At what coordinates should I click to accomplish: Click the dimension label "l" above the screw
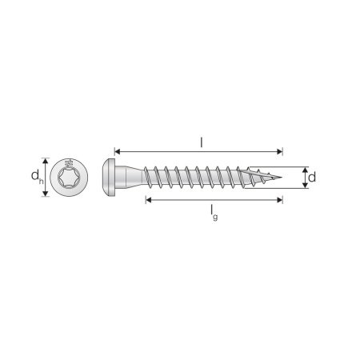coord(202,143)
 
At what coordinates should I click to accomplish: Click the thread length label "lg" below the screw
coord(214,213)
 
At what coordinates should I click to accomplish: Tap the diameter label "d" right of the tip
coord(312,178)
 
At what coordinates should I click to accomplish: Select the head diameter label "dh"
coord(37,177)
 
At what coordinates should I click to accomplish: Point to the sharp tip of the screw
coord(282,177)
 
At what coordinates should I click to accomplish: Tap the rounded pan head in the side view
coord(109,178)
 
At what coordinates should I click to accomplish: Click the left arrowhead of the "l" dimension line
coord(118,152)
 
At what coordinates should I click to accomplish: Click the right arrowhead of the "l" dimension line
coord(280,152)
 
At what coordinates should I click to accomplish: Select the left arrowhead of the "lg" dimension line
coord(149,200)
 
